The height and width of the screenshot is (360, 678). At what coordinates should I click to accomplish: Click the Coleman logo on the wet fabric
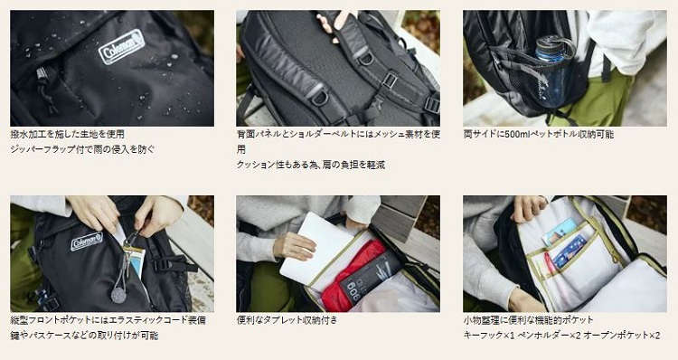click(122, 46)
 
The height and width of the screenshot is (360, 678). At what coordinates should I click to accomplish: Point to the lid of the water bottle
click(553, 42)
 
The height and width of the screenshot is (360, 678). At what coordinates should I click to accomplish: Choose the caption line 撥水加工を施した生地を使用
click(67, 134)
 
